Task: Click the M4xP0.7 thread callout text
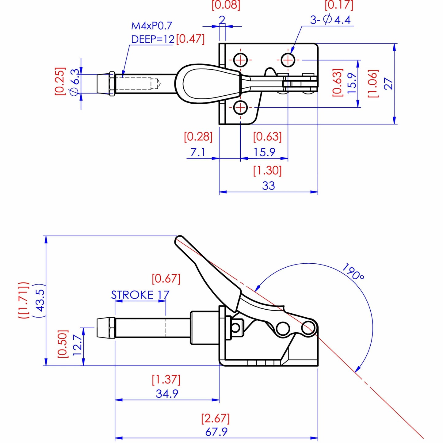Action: [x=151, y=26]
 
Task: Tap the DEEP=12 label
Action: [x=153, y=39]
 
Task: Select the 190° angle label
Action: [x=353, y=272]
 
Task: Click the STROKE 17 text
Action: [x=140, y=295]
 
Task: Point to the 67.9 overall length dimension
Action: [x=216, y=432]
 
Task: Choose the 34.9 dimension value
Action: [x=167, y=393]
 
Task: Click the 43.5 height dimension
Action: [x=40, y=300]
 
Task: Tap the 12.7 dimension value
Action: [x=77, y=345]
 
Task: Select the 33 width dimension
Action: [x=268, y=185]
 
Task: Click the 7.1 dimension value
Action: [x=198, y=152]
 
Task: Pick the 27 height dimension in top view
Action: [x=388, y=83]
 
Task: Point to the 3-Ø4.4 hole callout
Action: [x=330, y=20]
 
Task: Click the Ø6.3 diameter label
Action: [x=75, y=82]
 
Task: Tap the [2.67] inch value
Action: [x=215, y=418]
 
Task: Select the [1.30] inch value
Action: [x=267, y=170]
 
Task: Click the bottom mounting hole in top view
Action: [x=241, y=108]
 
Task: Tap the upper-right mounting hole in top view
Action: [x=288, y=59]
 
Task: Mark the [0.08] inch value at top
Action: [x=226, y=6]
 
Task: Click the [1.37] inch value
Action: [x=166, y=380]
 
